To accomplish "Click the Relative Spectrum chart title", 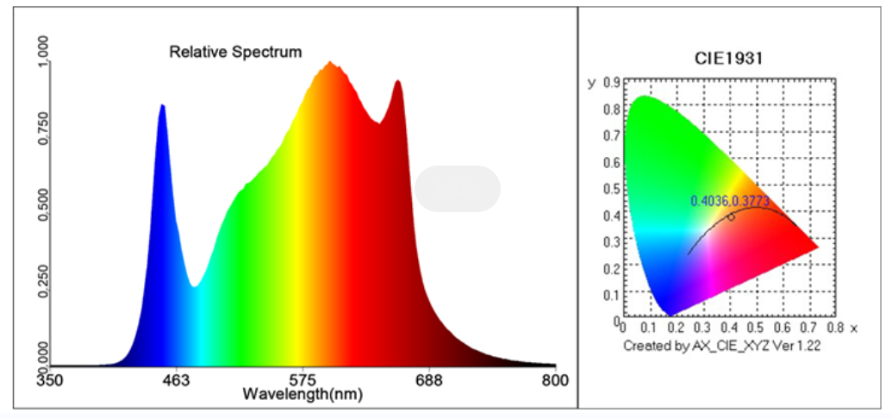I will (235, 52).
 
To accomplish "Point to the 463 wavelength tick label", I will (176, 379).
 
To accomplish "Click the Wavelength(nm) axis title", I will (303, 394).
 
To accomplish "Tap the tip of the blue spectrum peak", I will (161, 105).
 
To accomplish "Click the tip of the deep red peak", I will (397, 81).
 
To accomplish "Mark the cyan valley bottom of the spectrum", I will (196, 286).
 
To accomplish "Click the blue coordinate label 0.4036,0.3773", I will (729, 201).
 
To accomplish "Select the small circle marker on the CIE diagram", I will (731, 216).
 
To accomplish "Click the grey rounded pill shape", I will (458, 188).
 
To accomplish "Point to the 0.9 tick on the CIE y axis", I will (614, 83).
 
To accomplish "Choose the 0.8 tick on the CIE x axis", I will (833, 328).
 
